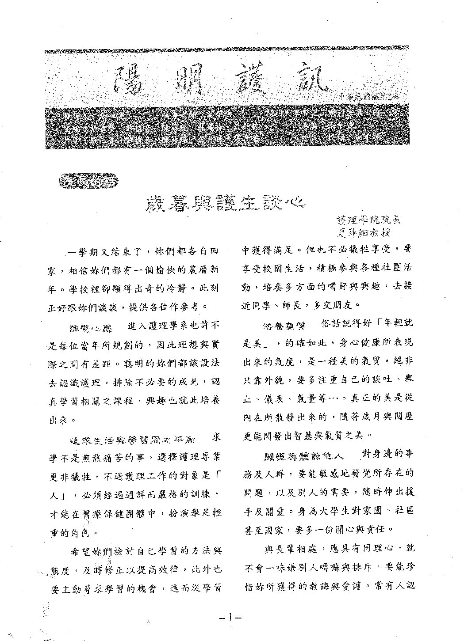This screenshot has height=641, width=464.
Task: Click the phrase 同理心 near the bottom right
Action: tap(379, 549)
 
